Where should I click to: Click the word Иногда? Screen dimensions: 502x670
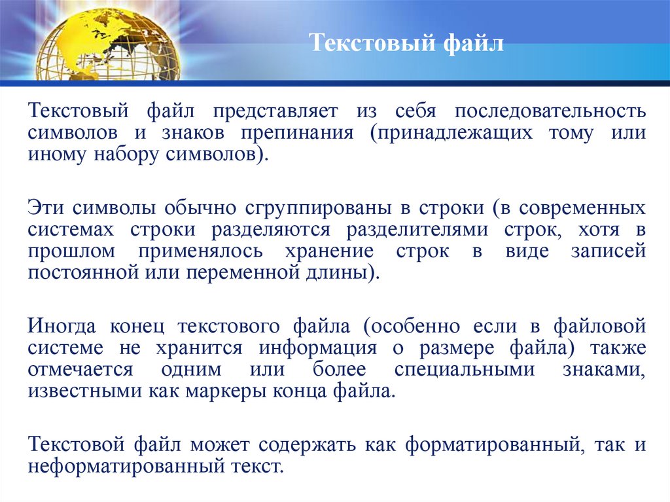(63, 325)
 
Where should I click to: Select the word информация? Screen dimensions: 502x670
(317, 348)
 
